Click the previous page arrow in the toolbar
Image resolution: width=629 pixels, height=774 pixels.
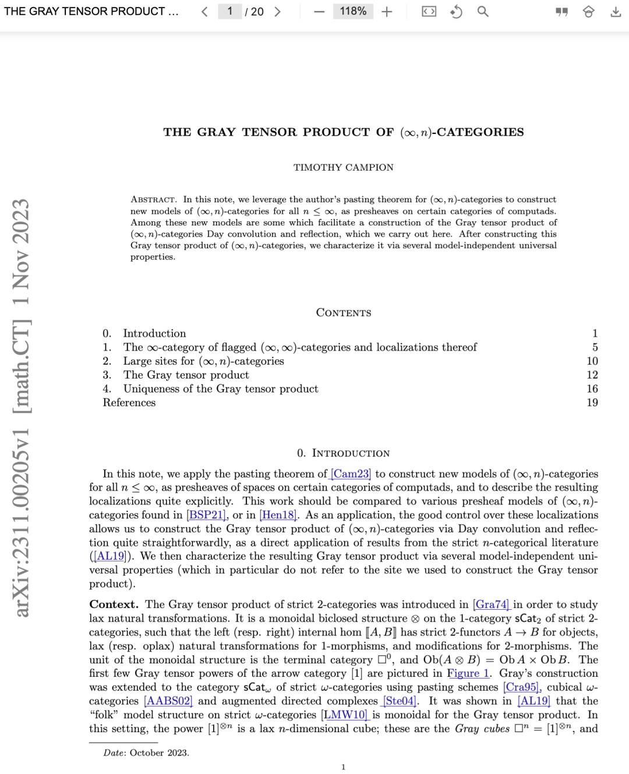pos(204,12)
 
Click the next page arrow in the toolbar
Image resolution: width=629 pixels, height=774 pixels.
pos(278,12)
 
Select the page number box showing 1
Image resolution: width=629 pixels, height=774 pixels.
pos(230,12)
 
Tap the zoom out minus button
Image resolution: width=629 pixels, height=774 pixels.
pos(319,12)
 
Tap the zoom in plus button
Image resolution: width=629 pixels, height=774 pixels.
pos(387,12)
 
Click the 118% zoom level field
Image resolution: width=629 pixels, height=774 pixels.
pos(353,12)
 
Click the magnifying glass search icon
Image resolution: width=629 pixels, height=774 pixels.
pos(483,12)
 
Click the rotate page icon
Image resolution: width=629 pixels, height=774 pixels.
pos(456,12)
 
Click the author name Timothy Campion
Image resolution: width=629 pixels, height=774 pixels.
pos(343,168)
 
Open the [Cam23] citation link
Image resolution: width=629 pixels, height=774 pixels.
pos(351,474)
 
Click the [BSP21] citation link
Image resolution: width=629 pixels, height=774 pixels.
pos(206,515)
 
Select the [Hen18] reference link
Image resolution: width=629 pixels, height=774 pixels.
pos(278,515)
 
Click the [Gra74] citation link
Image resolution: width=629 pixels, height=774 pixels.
pos(491,605)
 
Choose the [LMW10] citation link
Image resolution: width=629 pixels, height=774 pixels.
pos(345,715)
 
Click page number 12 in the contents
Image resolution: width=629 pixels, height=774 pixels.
pos(592,375)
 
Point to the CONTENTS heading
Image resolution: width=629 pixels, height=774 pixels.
pos(343,313)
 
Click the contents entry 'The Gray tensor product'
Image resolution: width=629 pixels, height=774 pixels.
pos(186,375)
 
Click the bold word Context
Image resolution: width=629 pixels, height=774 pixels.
pos(114,605)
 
